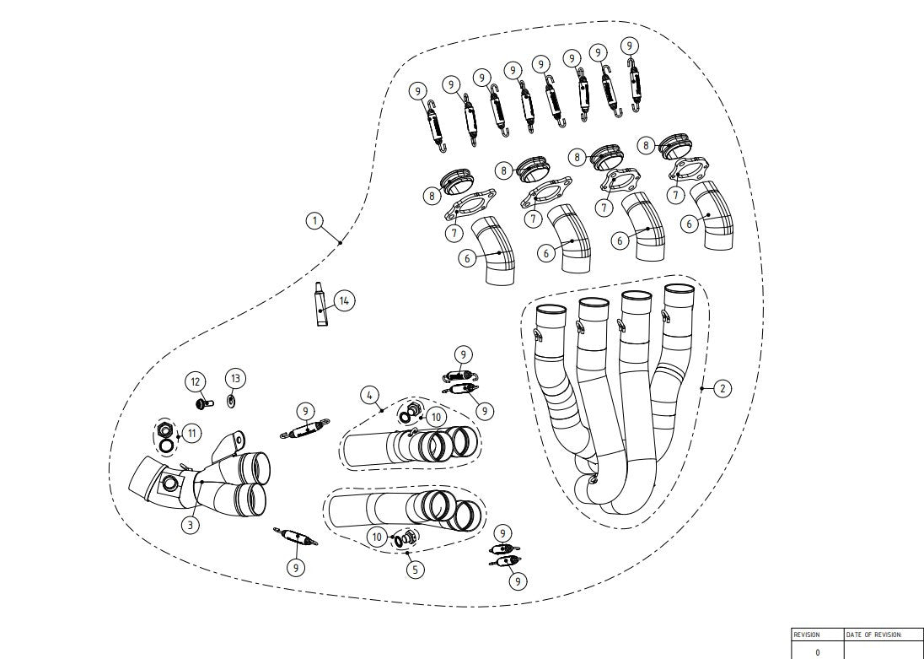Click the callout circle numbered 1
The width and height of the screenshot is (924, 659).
tap(314, 221)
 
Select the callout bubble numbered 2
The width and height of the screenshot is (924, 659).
tap(723, 389)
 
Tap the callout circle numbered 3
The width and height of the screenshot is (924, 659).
tap(191, 524)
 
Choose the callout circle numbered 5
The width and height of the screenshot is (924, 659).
tap(414, 569)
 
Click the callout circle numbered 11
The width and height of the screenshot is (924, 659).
tap(192, 433)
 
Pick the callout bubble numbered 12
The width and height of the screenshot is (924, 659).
tap(195, 381)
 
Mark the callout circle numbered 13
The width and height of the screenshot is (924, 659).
tap(235, 377)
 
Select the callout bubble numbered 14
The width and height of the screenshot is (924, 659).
tap(343, 300)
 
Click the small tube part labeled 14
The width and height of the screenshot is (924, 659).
tap(321, 305)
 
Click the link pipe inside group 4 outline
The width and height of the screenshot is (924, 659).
tap(409, 446)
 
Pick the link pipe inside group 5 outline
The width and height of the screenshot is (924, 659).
tap(405, 510)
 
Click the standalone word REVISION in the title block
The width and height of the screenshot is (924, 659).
tap(806, 635)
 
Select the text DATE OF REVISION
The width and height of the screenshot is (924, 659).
tap(873, 635)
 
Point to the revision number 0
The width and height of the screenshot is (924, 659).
tap(816, 651)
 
